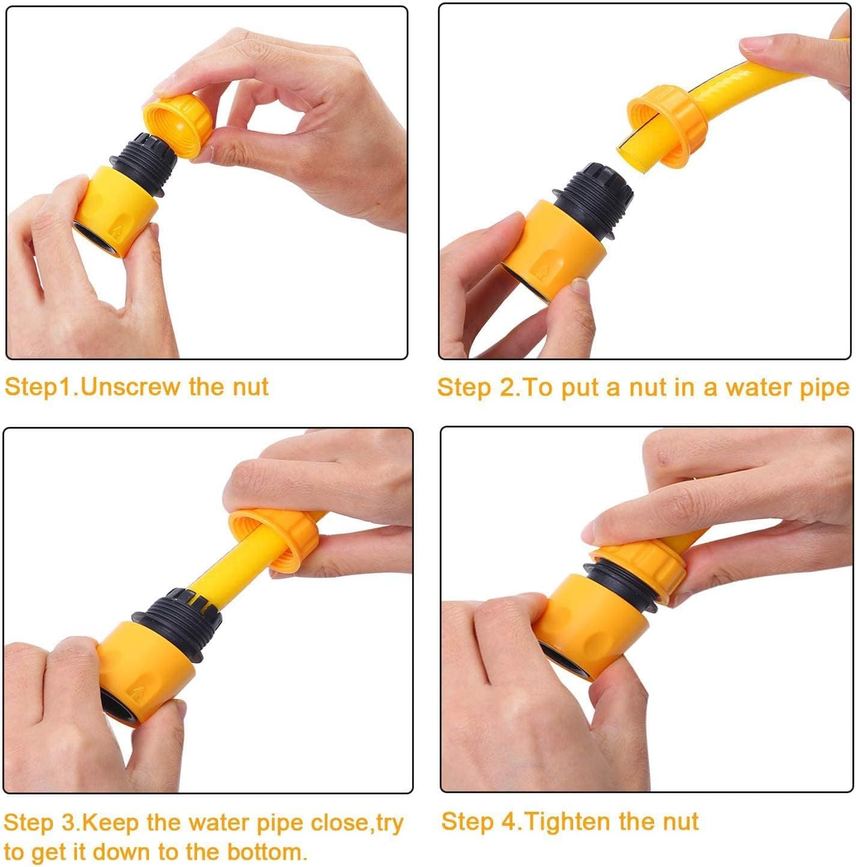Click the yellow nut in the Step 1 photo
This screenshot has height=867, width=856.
[177, 125]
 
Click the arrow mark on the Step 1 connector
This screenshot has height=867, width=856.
[117, 230]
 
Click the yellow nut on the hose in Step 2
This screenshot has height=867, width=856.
[667, 128]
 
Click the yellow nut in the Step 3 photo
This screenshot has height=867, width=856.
[276, 537]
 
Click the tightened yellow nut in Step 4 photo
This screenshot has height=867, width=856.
[643, 567]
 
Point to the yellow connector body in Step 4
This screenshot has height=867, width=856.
[583, 624]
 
